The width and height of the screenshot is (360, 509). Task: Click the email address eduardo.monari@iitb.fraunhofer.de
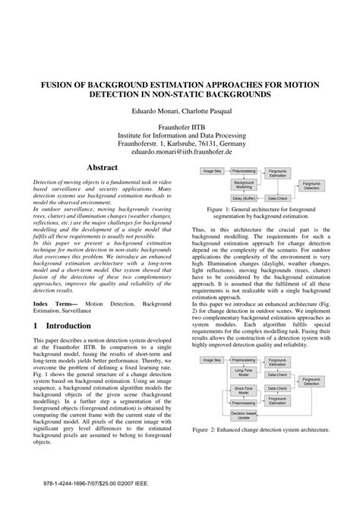[x=179, y=151]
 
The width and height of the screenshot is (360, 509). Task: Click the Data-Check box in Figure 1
[x=276, y=198]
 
